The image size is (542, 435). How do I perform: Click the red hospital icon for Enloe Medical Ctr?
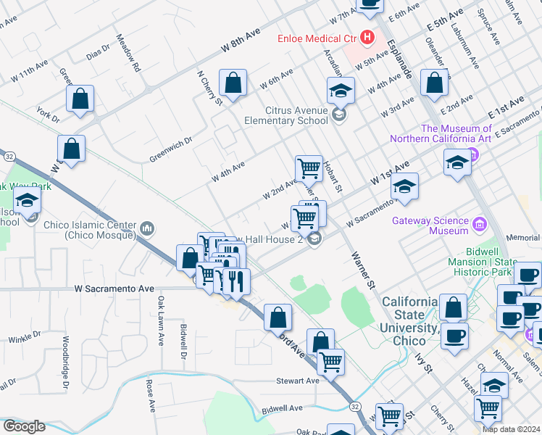pyautogui.click(x=367, y=37)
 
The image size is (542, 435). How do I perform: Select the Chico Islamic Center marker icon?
pyautogui.click(x=148, y=230)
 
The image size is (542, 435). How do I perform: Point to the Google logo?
pyautogui.click(x=23, y=426)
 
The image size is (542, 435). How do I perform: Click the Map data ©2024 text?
pyautogui.click(x=511, y=429)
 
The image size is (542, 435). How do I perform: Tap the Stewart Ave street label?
pyautogui.click(x=297, y=381)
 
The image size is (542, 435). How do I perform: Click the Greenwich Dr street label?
pyautogui.click(x=171, y=149)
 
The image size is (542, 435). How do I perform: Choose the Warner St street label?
pyautogui.click(x=361, y=270)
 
